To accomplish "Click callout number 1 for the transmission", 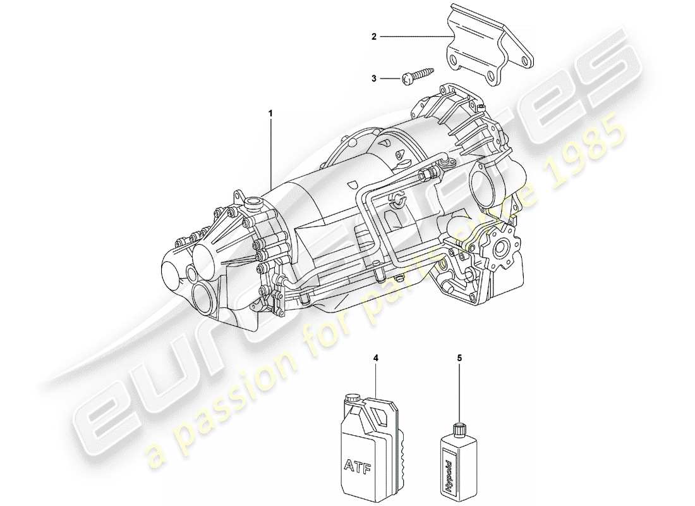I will pos(272,114).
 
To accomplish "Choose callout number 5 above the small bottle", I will pos(459,357).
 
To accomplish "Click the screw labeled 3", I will pos(420,75).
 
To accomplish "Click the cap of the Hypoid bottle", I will pos(459,428).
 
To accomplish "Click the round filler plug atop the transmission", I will pos(255,203).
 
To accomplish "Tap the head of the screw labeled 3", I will pos(406,79).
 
